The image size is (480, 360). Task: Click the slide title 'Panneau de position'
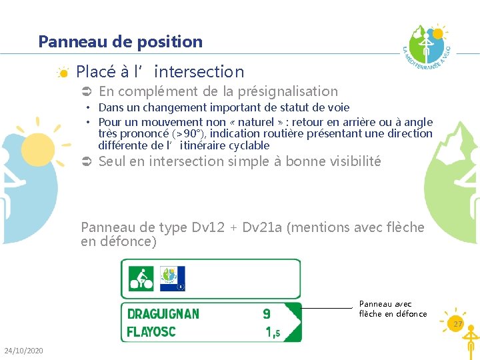tap(120, 41)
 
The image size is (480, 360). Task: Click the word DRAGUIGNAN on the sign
tap(163, 313)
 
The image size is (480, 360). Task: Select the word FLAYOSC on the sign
tap(152, 331)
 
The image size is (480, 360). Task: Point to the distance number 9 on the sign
tap(267, 313)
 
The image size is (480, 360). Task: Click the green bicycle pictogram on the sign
tap(141, 278)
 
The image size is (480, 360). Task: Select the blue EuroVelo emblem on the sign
tap(172, 278)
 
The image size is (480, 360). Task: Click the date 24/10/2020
tap(23, 351)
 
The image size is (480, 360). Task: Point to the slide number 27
tap(457, 324)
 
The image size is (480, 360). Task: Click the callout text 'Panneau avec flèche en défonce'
tap(393, 309)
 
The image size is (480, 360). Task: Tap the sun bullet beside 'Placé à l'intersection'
tap(62, 72)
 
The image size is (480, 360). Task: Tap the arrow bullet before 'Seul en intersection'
tap(85, 161)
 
